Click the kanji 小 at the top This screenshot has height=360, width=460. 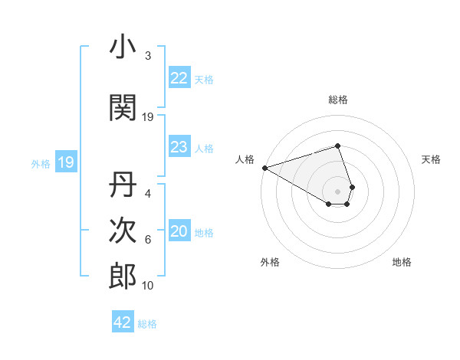point(123,47)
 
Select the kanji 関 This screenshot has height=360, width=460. point(123,106)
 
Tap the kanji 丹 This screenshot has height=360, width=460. point(123,186)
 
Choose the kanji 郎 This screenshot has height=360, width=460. point(123,276)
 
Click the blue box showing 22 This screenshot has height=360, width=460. point(179,78)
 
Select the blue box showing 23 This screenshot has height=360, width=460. point(179,147)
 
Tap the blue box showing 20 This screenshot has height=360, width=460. point(179,231)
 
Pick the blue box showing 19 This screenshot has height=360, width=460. point(65,162)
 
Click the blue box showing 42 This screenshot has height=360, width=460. point(123,322)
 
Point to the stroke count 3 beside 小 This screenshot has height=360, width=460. point(147,56)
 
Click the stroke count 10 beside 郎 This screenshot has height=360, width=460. point(148,286)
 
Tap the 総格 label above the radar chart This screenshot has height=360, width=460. point(337,100)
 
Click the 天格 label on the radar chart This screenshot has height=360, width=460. point(431,159)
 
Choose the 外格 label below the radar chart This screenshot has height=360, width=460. point(270,262)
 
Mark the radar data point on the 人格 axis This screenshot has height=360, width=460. point(264,167)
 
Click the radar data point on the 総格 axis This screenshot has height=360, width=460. point(337,146)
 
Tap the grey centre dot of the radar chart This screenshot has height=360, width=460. point(337,191)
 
